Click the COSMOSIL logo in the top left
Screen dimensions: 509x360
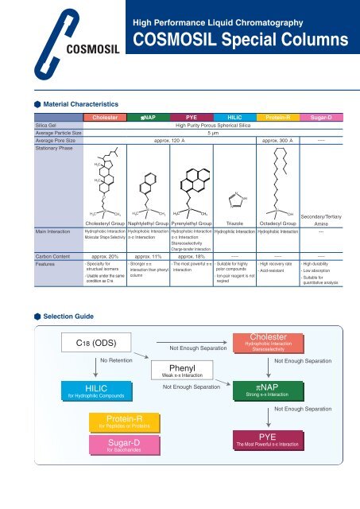pyautogui.click(x=40, y=39)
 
